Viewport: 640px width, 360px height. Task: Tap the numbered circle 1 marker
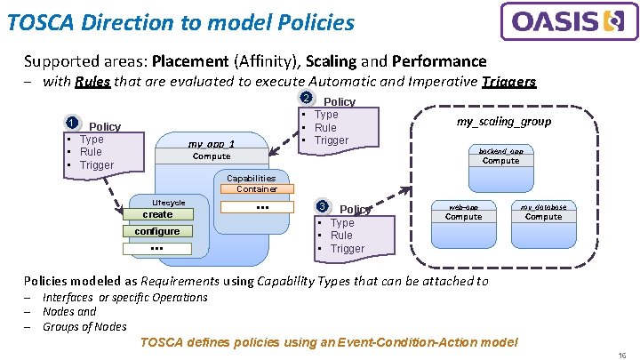point(74,124)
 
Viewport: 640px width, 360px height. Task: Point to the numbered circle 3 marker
point(324,206)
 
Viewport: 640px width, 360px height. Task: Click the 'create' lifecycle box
point(157,214)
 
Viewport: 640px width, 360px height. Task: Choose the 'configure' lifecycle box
point(157,231)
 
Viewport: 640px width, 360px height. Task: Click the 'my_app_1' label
point(212,144)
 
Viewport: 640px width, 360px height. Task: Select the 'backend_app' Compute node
point(500,157)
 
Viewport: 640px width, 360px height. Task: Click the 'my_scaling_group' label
point(503,122)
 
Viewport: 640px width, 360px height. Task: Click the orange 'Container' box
point(257,188)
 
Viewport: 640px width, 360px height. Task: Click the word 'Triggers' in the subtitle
point(508,82)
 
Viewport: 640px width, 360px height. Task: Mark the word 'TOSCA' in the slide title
point(39,22)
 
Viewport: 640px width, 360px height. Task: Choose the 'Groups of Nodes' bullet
point(84,326)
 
